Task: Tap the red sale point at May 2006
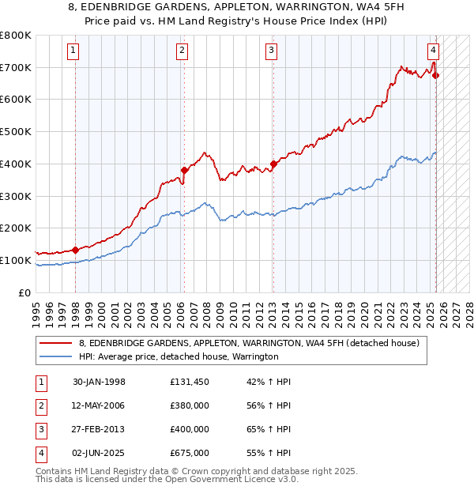tap(184, 170)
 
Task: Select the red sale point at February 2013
tap(273, 164)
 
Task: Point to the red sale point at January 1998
tap(75, 250)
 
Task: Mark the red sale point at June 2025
tap(436, 76)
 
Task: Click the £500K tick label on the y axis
tap(15, 132)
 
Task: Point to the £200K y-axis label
tap(15, 228)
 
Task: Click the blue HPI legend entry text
tap(179, 356)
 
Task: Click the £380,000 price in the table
tap(190, 405)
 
